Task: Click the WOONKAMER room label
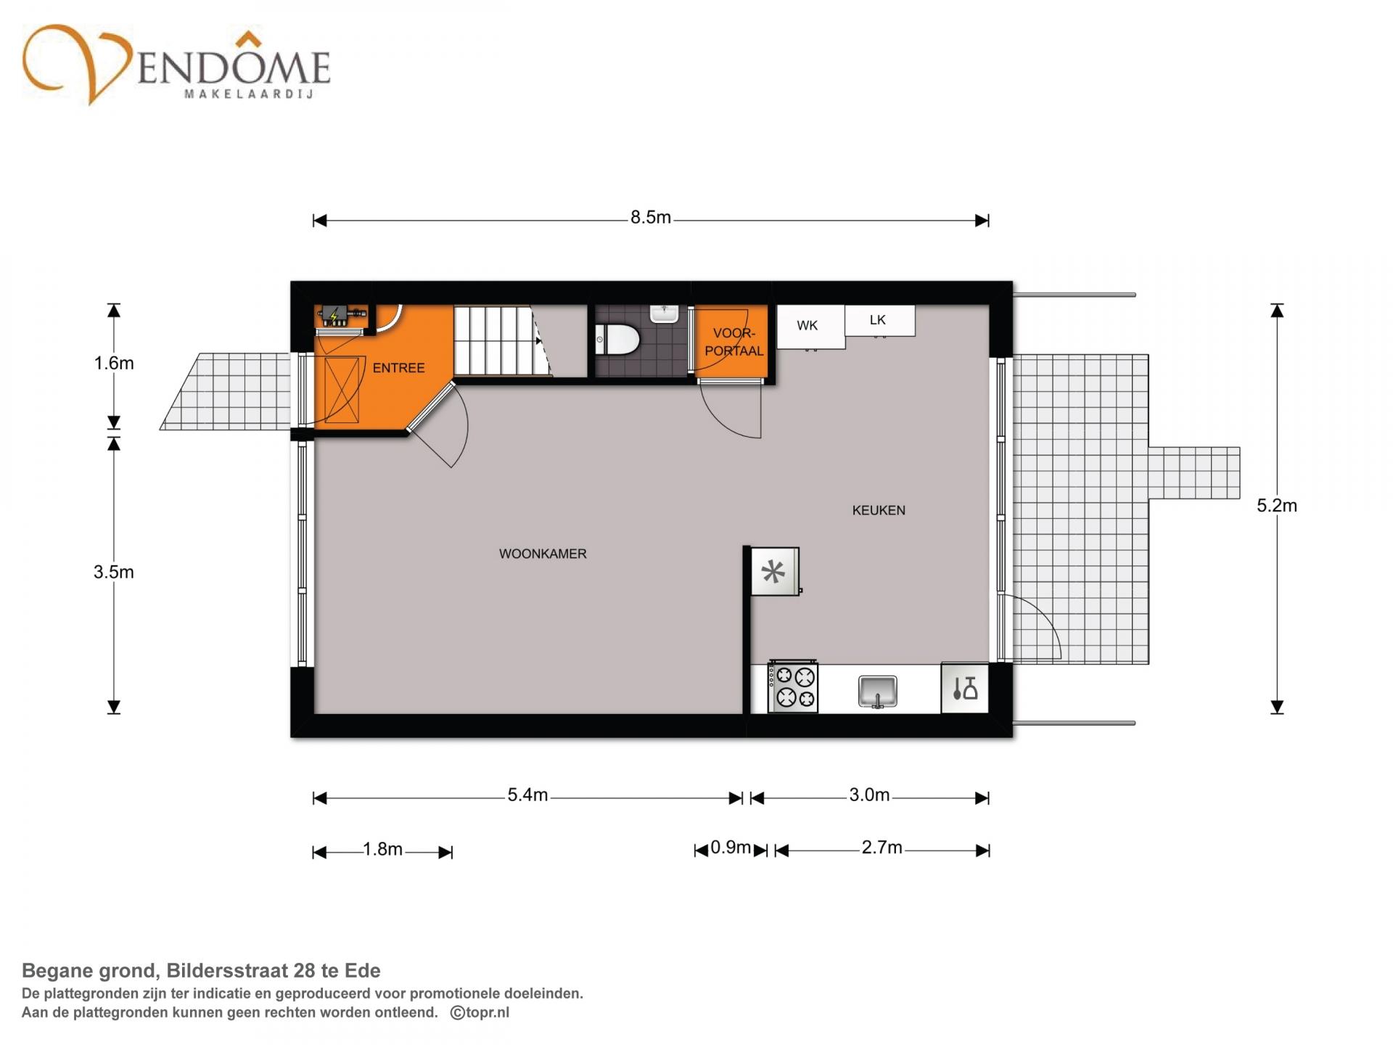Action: (x=543, y=554)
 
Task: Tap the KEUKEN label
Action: (x=879, y=510)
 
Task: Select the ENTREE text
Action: (x=398, y=368)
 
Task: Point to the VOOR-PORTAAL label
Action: (x=734, y=342)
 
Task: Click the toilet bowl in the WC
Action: (x=617, y=339)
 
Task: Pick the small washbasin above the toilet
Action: (x=664, y=313)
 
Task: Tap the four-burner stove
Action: (x=793, y=687)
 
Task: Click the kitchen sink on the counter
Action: (x=877, y=691)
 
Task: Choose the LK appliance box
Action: (x=879, y=320)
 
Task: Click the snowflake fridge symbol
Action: (x=774, y=572)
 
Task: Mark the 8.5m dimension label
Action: (x=650, y=218)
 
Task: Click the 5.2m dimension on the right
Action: (x=1277, y=506)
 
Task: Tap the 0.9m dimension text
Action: (x=731, y=848)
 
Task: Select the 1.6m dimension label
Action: (x=114, y=363)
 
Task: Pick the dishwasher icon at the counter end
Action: (x=965, y=688)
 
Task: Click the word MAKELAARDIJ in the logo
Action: (x=249, y=94)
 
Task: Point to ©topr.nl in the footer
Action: (x=480, y=1012)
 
